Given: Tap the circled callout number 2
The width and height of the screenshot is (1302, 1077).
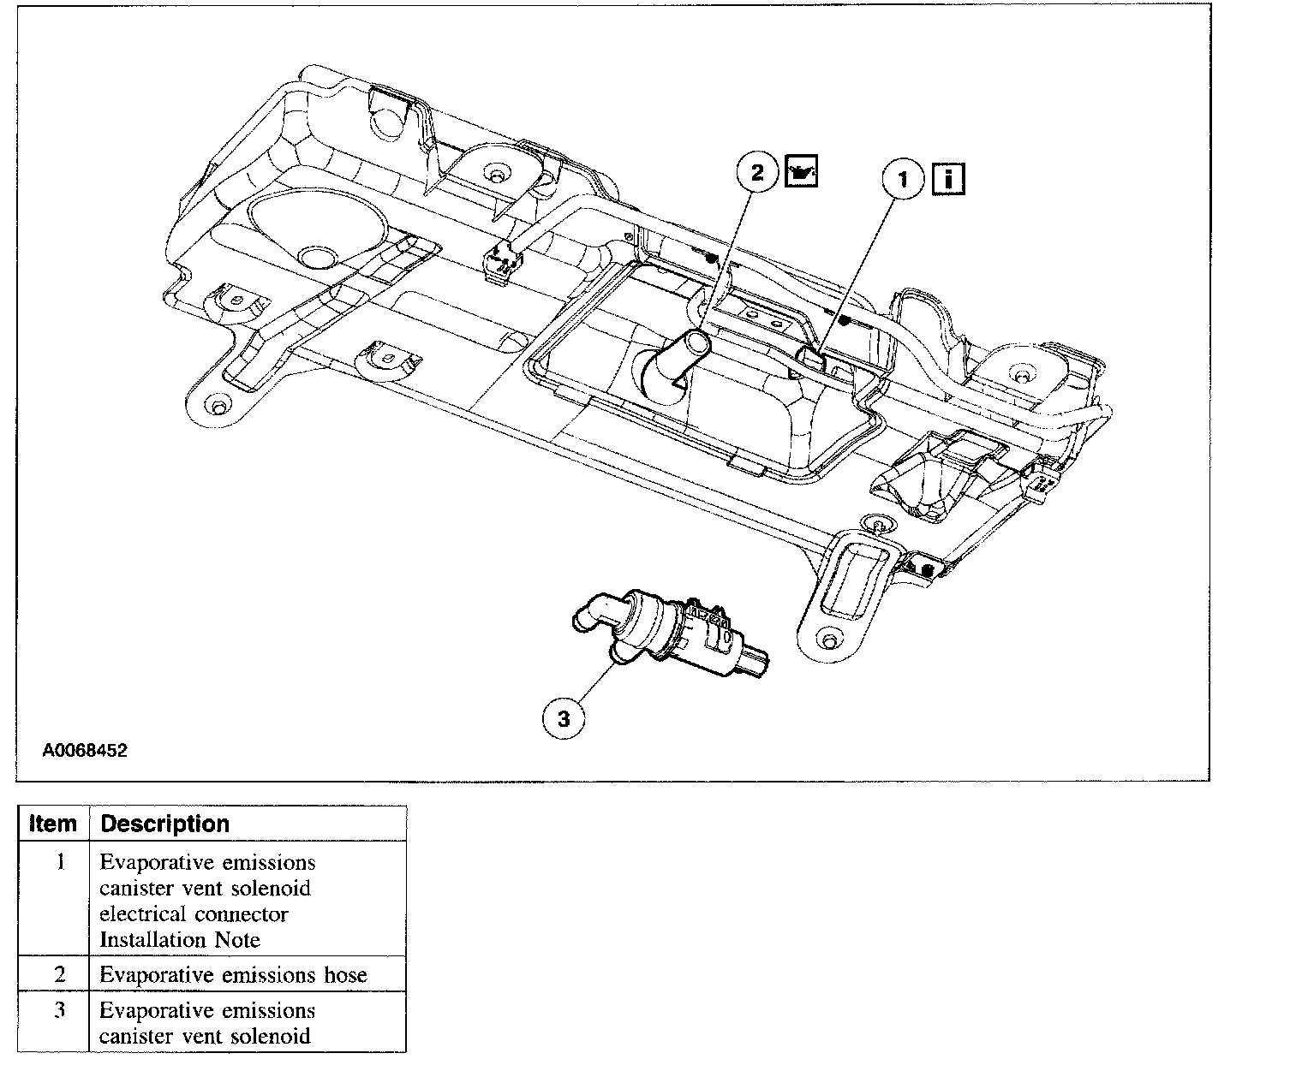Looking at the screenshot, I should [757, 173].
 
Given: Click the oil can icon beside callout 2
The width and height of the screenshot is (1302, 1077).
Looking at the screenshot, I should [801, 172].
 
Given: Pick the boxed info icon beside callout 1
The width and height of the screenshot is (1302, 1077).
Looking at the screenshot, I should [948, 180].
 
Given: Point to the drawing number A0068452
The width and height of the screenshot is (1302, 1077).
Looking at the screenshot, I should [85, 751].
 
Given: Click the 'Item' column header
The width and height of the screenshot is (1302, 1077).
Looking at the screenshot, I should [53, 824].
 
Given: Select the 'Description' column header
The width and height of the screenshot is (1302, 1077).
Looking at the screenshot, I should [165, 824].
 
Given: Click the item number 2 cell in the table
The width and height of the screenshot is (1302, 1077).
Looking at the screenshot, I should [60, 974].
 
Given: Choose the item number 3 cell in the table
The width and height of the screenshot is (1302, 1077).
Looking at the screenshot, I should [60, 1010].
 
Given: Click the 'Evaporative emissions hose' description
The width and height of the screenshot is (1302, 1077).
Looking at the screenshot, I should [233, 974].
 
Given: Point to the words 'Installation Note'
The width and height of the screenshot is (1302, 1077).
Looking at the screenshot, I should [180, 939].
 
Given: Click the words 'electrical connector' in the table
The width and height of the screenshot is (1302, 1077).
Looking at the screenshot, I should [194, 913].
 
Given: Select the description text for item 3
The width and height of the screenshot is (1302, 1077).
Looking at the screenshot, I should [206, 1023].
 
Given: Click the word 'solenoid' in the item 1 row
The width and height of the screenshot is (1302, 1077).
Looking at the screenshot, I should [271, 888].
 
